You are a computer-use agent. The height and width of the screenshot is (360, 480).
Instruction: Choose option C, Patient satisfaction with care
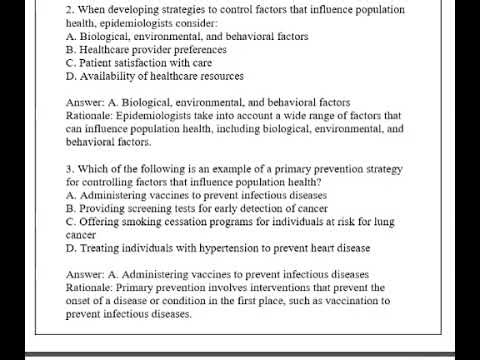tap(139, 62)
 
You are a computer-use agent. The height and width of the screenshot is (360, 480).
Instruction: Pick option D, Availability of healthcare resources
tap(154, 76)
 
